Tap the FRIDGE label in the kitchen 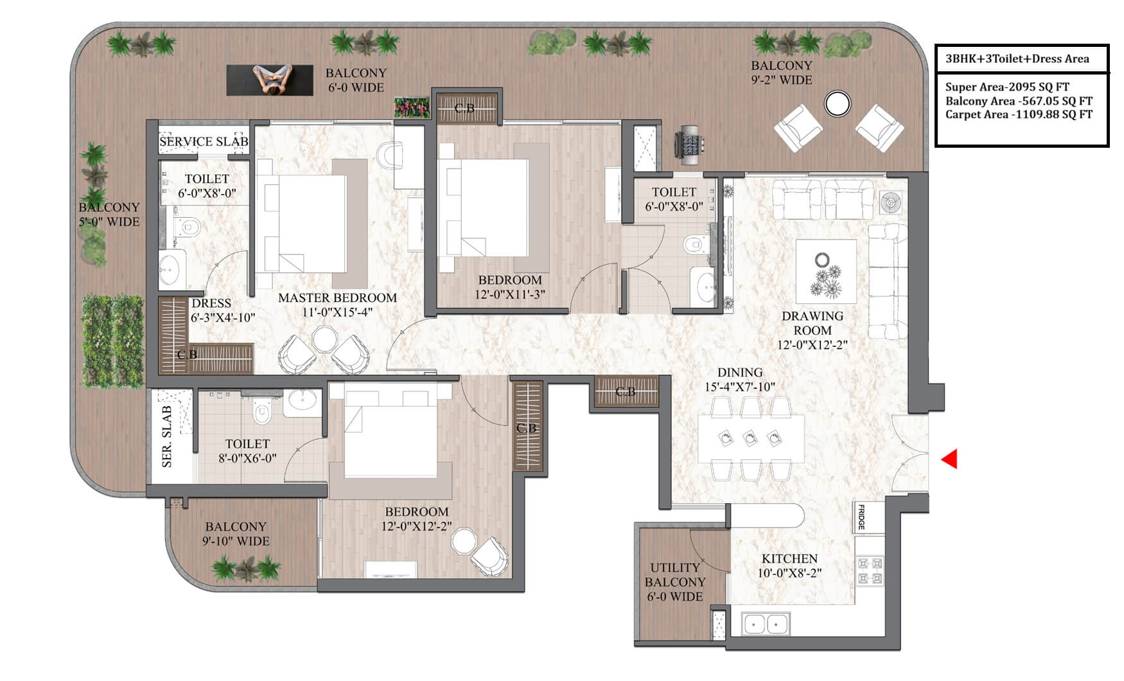[x=861, y=518]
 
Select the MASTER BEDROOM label [x=337, y=298]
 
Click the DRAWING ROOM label [x=812, y=323]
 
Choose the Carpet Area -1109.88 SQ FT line [x=1019, y=115]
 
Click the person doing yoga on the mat [x=270, y=80]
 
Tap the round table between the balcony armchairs [x=838, y=103]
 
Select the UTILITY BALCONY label [x=675, y=575]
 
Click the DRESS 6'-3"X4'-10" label [x=222, y=310]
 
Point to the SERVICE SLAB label [x=204, y=141]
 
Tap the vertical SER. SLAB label [x=167, y=436]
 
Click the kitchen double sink [x=766, y=624]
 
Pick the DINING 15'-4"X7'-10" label [x=740, y=380]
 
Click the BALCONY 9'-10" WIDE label [x=236, y=534]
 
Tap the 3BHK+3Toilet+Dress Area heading [x=1017, y=59]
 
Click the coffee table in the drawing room [x=826, y=271]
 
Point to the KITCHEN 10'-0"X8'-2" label [x=789, y=566]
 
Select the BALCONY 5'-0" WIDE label [x=109, y=215]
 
